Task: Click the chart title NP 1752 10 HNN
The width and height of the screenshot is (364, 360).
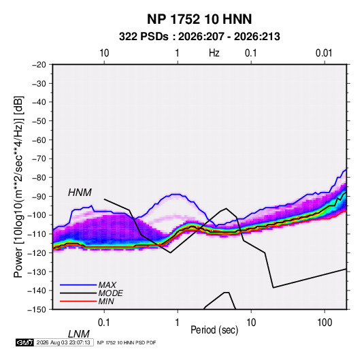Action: coord(199,19)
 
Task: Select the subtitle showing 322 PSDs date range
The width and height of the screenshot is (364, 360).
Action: coord(199,37)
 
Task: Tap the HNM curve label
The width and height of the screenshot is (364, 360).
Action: coord(80,193)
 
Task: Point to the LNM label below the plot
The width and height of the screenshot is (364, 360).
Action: coord(79,334)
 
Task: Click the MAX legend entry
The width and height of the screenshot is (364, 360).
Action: coord(107,284)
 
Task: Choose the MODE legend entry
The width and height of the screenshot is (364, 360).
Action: coord(110,293)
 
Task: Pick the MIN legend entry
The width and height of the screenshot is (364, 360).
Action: coord(106,301)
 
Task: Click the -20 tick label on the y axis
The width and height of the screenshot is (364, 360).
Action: coord(39,65)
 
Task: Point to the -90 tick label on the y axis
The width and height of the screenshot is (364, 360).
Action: coord(39,196)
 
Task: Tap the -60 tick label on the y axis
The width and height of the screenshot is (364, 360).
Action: coord(39,140)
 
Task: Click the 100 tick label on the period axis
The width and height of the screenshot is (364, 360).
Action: coord(325,323)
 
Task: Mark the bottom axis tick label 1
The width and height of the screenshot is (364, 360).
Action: coord(178,323)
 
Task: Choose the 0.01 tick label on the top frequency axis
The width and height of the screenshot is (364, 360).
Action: coord(324,53)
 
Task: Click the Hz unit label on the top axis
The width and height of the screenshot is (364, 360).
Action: coord(214,53)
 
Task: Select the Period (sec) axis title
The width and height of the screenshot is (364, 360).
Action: coord(214,330)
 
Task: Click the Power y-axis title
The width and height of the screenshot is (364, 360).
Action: coord(18,187)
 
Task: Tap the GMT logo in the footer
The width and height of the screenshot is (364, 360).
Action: coord(25,342)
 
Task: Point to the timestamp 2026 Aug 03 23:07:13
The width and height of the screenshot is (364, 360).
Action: coord(63,342)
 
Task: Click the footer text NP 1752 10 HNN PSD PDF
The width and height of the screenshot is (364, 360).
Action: coord(127,342)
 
